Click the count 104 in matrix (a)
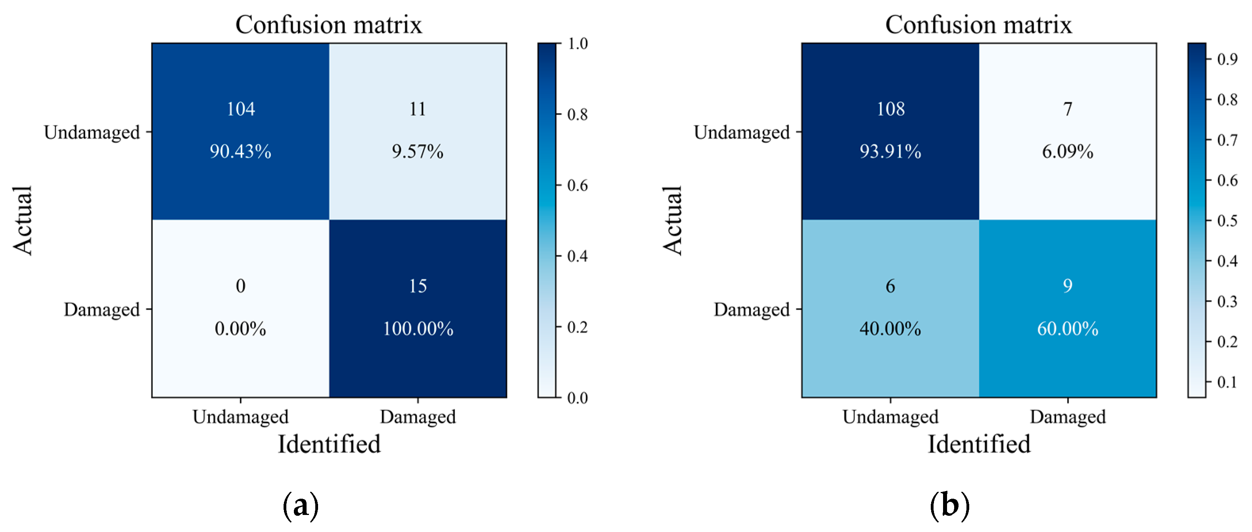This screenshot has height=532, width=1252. (x=241, y=109)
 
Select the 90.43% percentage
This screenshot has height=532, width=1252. (x=241, y=151)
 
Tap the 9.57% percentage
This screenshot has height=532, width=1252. (x=418, y=151)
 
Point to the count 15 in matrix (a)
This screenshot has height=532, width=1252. (x=418, y=286)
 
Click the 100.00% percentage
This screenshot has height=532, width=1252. (x=418, y=329)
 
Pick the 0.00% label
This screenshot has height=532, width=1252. (x=241, y=329)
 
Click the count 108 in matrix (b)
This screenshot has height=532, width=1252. (x=890, y=109)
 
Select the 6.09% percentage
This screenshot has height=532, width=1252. (x=1067, y=151)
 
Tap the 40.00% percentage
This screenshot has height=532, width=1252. (x=890, y=329)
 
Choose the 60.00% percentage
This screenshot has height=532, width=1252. (x=1067, y=329)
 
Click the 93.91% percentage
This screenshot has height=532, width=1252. (x=890, y=151)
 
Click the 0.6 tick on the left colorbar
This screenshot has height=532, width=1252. (x=577, y=186)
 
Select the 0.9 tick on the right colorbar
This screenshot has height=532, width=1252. (x=1227, y=59)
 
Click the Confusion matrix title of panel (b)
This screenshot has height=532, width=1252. (x=978, y=24)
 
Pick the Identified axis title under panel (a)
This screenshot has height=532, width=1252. (x=329, y=444)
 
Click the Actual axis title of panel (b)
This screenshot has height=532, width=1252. (x=673, y=220)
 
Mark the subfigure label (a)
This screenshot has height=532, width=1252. (x=301, y=506)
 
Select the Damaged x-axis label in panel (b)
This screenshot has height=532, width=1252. (x=1067, y=417)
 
